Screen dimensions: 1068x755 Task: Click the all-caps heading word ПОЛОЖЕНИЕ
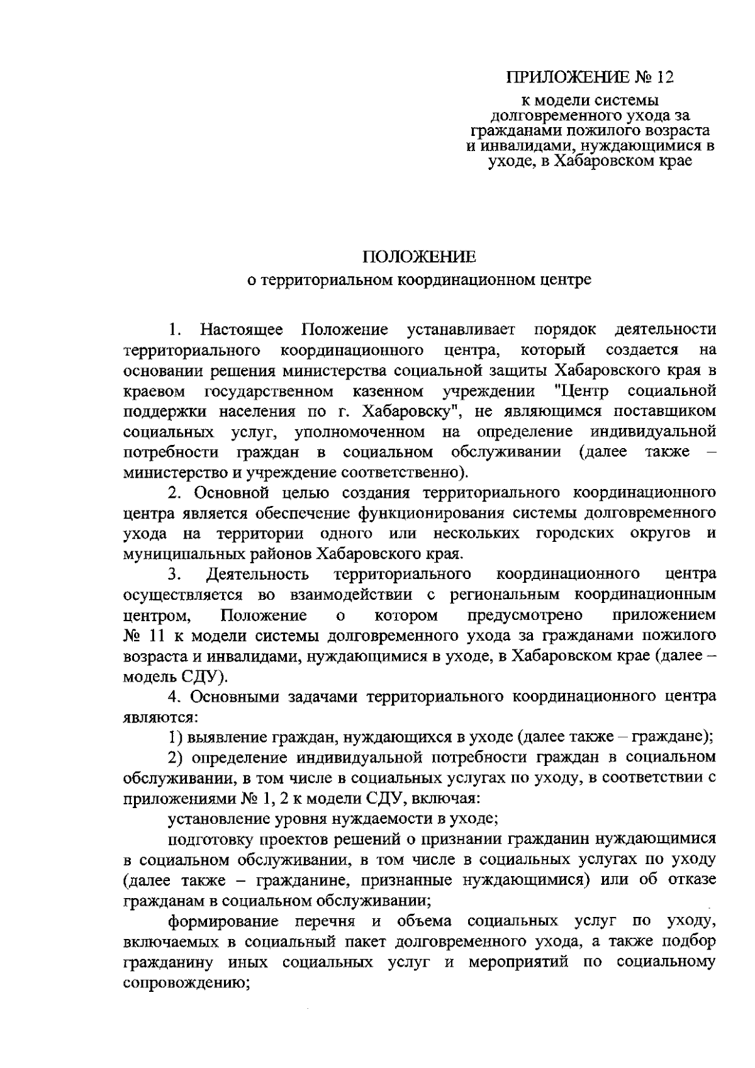click(419, 257)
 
